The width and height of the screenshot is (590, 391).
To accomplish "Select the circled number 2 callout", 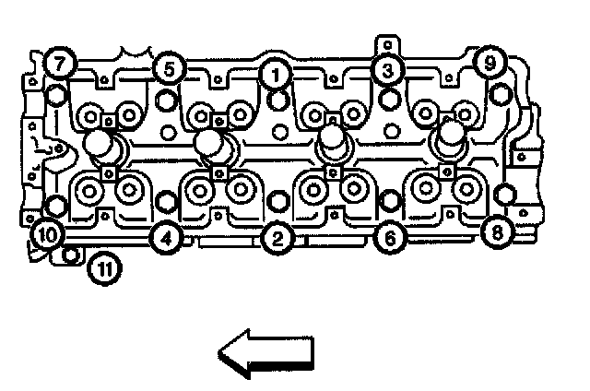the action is [x=276, y=239].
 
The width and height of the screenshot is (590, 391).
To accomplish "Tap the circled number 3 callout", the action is [x=387, y=69].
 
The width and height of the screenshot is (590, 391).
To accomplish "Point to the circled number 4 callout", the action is [x=165, y=239].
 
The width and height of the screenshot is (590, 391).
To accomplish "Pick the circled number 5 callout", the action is [x=169, y=67].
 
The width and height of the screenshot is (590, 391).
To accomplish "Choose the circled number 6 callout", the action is [x=389, y=239].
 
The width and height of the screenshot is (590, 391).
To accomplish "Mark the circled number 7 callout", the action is [x=61, y=64].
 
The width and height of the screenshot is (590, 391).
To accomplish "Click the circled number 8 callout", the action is [x=498, y=231].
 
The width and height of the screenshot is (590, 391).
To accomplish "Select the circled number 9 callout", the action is [x=489, y=63].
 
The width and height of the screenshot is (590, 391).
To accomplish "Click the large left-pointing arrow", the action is [x=265, y=354].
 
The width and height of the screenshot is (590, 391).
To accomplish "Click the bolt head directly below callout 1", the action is [x=277, y=100].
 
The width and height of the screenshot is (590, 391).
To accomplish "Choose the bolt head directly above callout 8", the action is [x=504, y=195].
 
